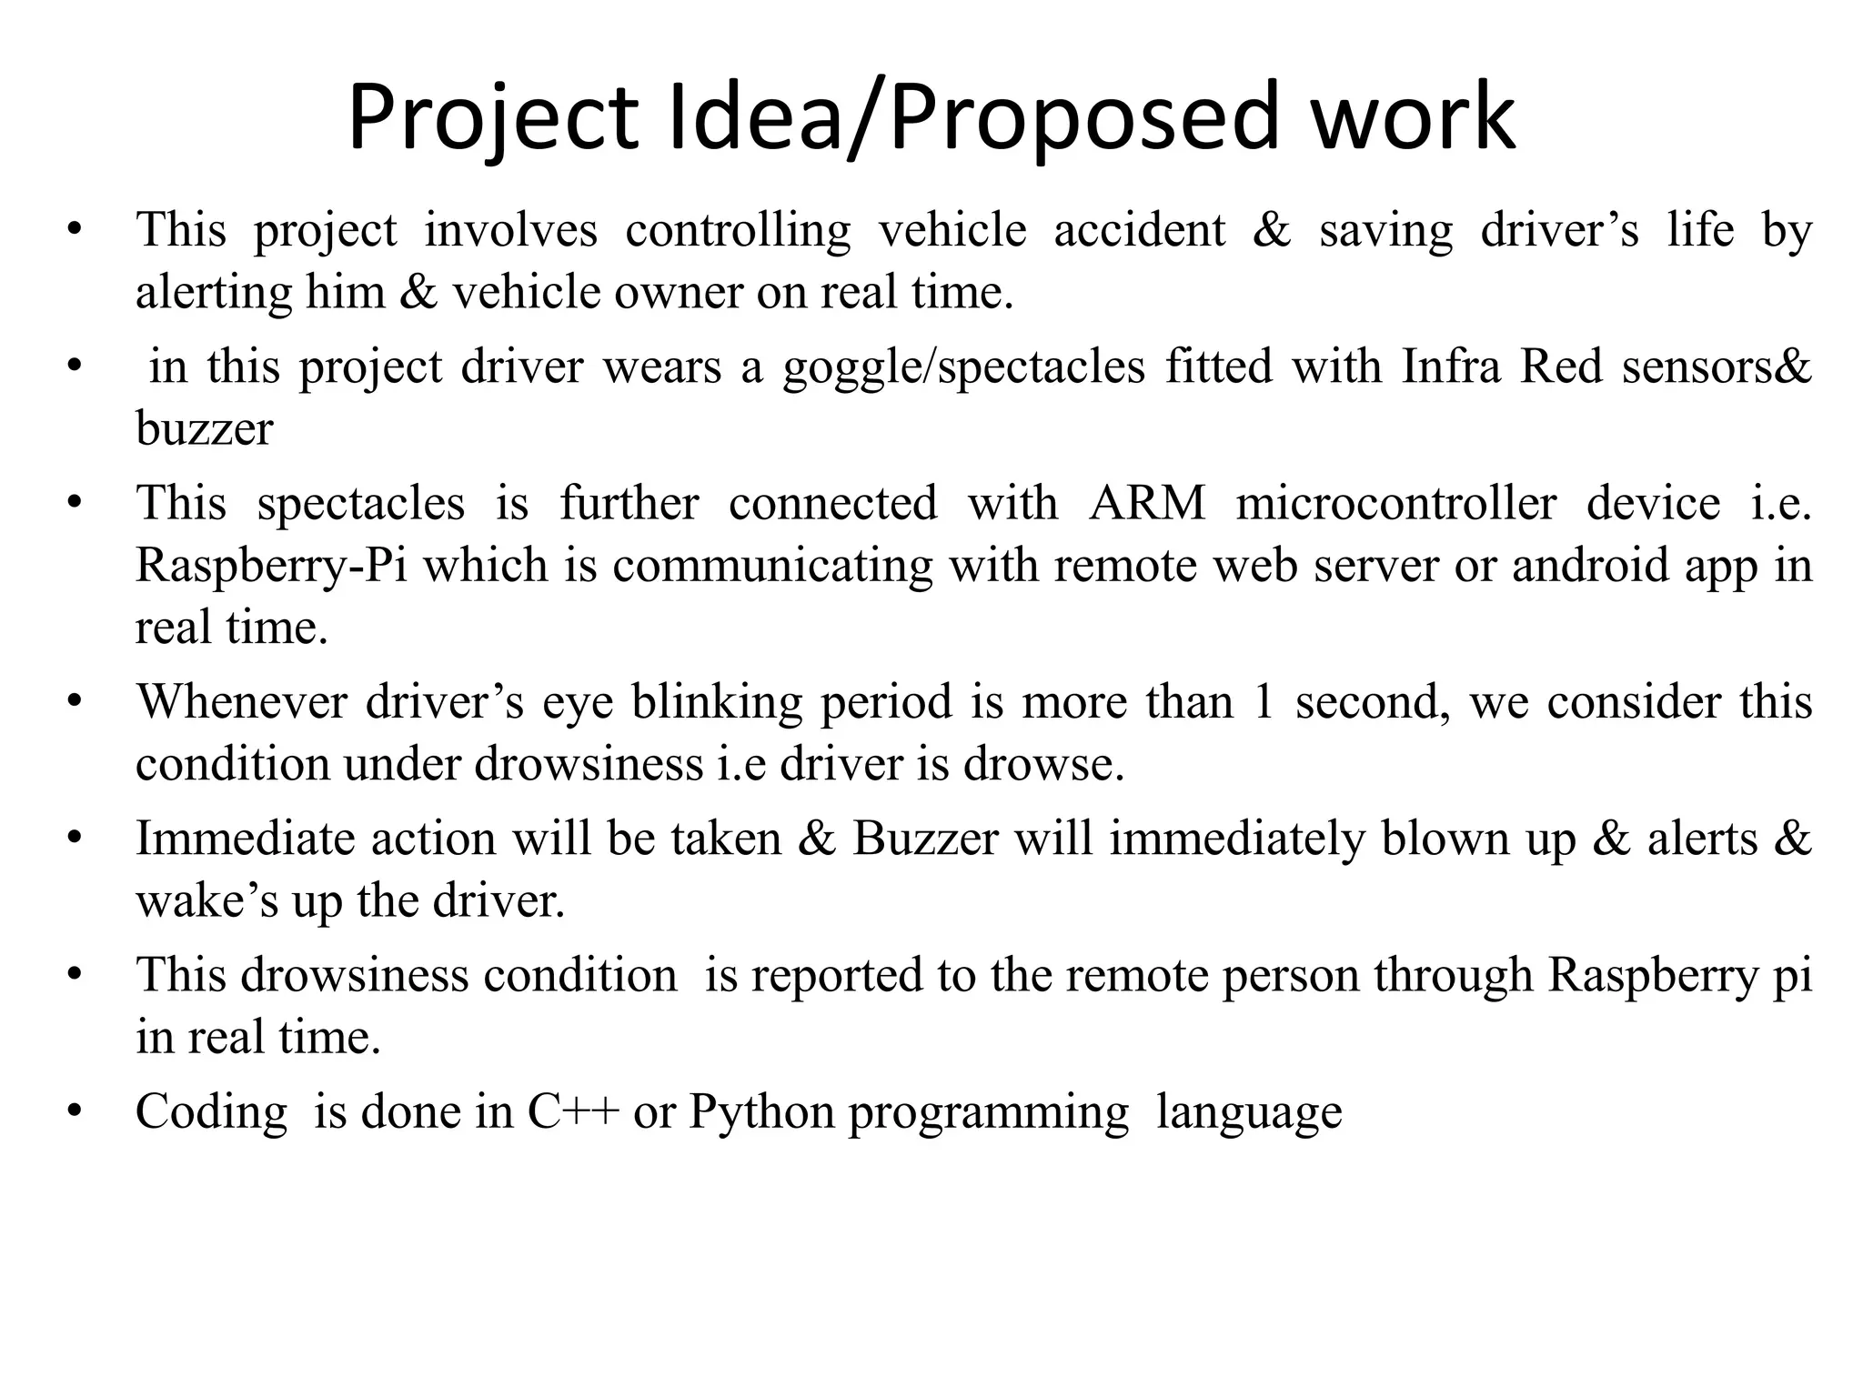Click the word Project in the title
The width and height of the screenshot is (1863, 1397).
492,118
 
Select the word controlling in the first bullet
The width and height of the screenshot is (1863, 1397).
738,229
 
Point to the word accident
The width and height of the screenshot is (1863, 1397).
1140,229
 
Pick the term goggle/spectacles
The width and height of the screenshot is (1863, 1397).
963,367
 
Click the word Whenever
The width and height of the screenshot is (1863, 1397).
242,702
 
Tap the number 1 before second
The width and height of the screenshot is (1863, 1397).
1263,702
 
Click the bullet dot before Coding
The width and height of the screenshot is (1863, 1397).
74,1111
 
